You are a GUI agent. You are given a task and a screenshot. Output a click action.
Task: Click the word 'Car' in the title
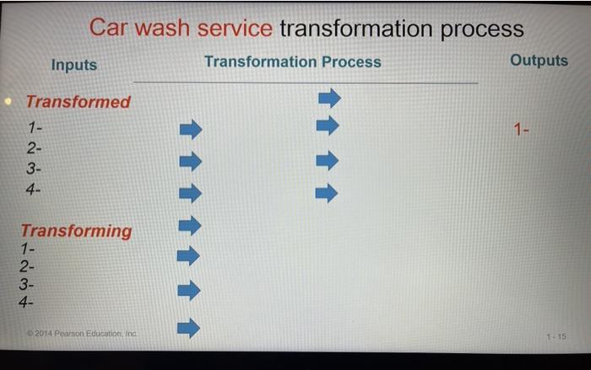tap(107, 29)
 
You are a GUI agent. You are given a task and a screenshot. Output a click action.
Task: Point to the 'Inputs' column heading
tap(73, 65)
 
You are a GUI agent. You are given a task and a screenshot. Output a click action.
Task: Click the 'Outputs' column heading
tap(539, 61)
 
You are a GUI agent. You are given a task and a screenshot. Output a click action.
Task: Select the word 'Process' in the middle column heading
tap(350, 62)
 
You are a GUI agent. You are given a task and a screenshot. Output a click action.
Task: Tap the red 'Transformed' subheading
tap(78, 102)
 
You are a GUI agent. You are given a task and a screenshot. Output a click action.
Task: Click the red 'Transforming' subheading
tap(76, 231)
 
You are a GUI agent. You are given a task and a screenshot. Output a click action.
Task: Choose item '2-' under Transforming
tap(27, 267)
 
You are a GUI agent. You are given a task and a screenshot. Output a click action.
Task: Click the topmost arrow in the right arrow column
tap(328, 99)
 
